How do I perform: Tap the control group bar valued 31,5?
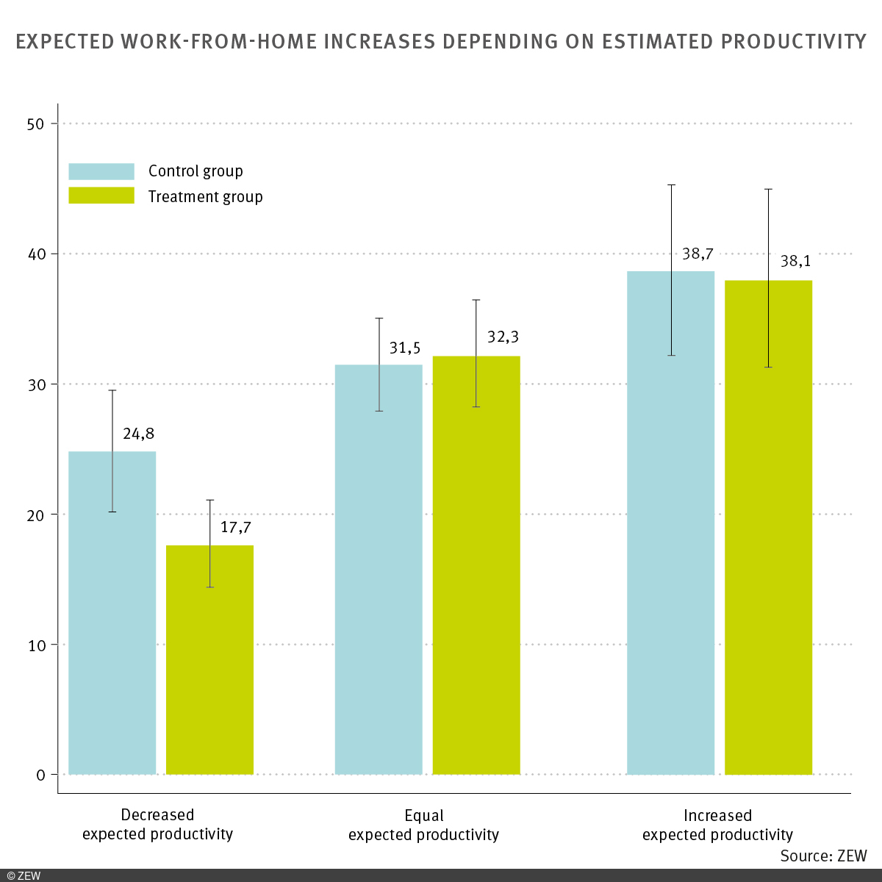pyautogui.click(x=379, y=569)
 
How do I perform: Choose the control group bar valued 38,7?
pyautogui.click(x=670, y=522)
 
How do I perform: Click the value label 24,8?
pyautogui.click(x=138, y=434)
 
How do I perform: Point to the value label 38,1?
pyautogui.click(x=796, y=261)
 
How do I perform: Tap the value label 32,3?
pyautogui.click(x=503, y=337)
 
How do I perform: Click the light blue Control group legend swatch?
pyautogui.click(x=101, y=171)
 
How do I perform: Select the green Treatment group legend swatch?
pyautogui.click(x=101, y=196)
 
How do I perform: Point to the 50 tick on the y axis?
pyautogui.click(x=36, y=123)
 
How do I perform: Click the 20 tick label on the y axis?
pyautogui.click(x=36, y=514)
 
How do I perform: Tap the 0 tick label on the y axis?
pyautogui.click(x=40, y=775)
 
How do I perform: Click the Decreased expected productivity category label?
pyautogui.click(x=157, y=825)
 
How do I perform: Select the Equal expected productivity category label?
pyautogui.click(x=423, y=825)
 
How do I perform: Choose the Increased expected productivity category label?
pyautogui.click(x=717, y=825)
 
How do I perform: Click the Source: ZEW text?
pyautogui.click(x=823, y=856)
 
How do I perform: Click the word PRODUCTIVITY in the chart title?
pyautogui.click(x=794, y=41)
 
